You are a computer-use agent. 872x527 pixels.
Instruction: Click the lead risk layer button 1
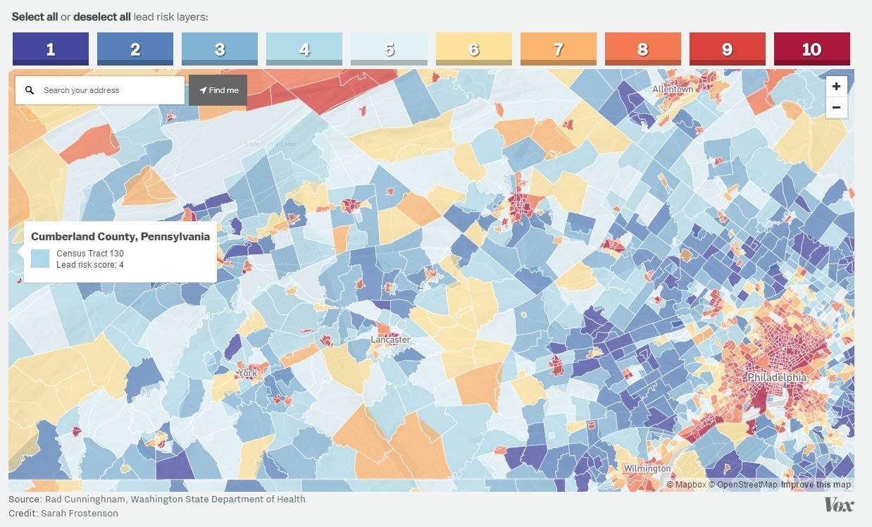[51, 49]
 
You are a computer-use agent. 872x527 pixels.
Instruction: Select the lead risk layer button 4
[304, 49]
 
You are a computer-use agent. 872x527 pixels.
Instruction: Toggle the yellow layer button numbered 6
[473, 49]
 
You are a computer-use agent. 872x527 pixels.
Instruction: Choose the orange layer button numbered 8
[642, 49]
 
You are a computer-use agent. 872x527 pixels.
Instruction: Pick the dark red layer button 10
[811, 49]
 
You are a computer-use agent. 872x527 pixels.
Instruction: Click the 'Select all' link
[35, 16]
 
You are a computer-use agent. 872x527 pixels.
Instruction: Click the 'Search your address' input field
[109, 90]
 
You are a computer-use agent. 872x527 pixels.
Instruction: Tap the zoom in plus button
[836, 87]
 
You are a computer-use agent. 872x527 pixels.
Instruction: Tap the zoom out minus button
[836, 108]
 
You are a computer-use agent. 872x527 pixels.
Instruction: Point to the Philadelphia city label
[776, 378]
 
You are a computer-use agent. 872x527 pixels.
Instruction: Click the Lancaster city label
[390, 340]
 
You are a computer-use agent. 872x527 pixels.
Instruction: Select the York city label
[247, 373]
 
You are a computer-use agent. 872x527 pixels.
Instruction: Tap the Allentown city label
[672, 89]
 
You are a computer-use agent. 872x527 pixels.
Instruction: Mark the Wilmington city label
[647, 469]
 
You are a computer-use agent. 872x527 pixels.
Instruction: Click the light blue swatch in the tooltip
[40, 259]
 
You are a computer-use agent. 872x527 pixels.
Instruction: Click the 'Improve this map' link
[816, 485]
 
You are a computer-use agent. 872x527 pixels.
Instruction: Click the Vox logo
[839, 505]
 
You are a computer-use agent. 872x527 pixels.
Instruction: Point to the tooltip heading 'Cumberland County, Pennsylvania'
[120, 237]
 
